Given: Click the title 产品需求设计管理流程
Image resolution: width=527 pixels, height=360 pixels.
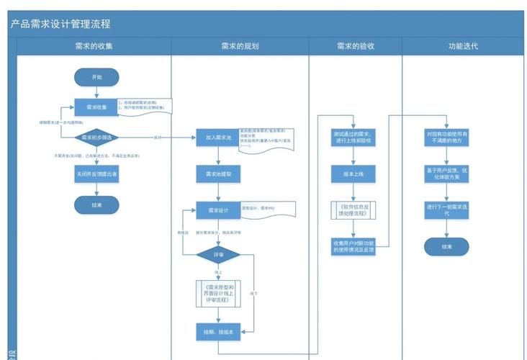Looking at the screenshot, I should click(x=60, y=24).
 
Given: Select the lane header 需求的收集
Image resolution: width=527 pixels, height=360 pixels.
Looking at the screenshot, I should click(x=94, y=46).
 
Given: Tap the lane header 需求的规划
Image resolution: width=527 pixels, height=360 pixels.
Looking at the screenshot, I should click(x=240, y=46).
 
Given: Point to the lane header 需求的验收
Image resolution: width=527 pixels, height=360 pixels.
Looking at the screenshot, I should click(x=355, y=46).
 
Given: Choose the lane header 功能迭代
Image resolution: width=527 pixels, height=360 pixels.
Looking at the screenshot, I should click(x=463, y=46).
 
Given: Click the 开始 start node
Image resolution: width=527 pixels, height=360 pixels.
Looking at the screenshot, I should click(x=96, y=76).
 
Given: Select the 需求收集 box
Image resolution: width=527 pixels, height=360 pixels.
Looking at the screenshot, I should click(x=96, y=107).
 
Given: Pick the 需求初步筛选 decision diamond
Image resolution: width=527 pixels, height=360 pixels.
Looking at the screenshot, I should click(x=96, y=137).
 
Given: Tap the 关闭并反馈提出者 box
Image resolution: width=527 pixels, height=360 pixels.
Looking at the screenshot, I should click(x=96, y=174).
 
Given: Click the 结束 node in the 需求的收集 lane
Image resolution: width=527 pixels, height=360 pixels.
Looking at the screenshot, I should click(x=96, y=204).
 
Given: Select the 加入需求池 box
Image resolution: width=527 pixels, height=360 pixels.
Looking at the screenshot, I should click(x=217, y=138).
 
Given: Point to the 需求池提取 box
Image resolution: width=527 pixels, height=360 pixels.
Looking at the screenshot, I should click(x=217, y=174).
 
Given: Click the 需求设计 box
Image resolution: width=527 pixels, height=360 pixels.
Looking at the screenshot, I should click(x=217, y=210).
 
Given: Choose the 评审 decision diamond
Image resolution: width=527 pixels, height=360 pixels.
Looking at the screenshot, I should click(x=217, y=255).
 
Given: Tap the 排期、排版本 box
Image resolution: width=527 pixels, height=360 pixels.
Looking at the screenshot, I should click(x=217, y=330).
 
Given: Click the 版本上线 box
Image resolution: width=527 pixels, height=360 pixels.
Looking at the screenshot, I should click(x=353, y=174).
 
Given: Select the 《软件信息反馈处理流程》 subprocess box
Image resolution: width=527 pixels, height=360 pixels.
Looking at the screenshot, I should click(x=353, y=210).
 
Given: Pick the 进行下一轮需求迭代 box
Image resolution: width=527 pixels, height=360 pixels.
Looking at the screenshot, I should click(x=446, y=210).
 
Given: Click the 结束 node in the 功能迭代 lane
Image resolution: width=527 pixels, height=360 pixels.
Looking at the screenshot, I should click(x=446, y=247).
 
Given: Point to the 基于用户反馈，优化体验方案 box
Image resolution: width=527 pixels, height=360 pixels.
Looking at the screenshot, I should click(x=446, y=174).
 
